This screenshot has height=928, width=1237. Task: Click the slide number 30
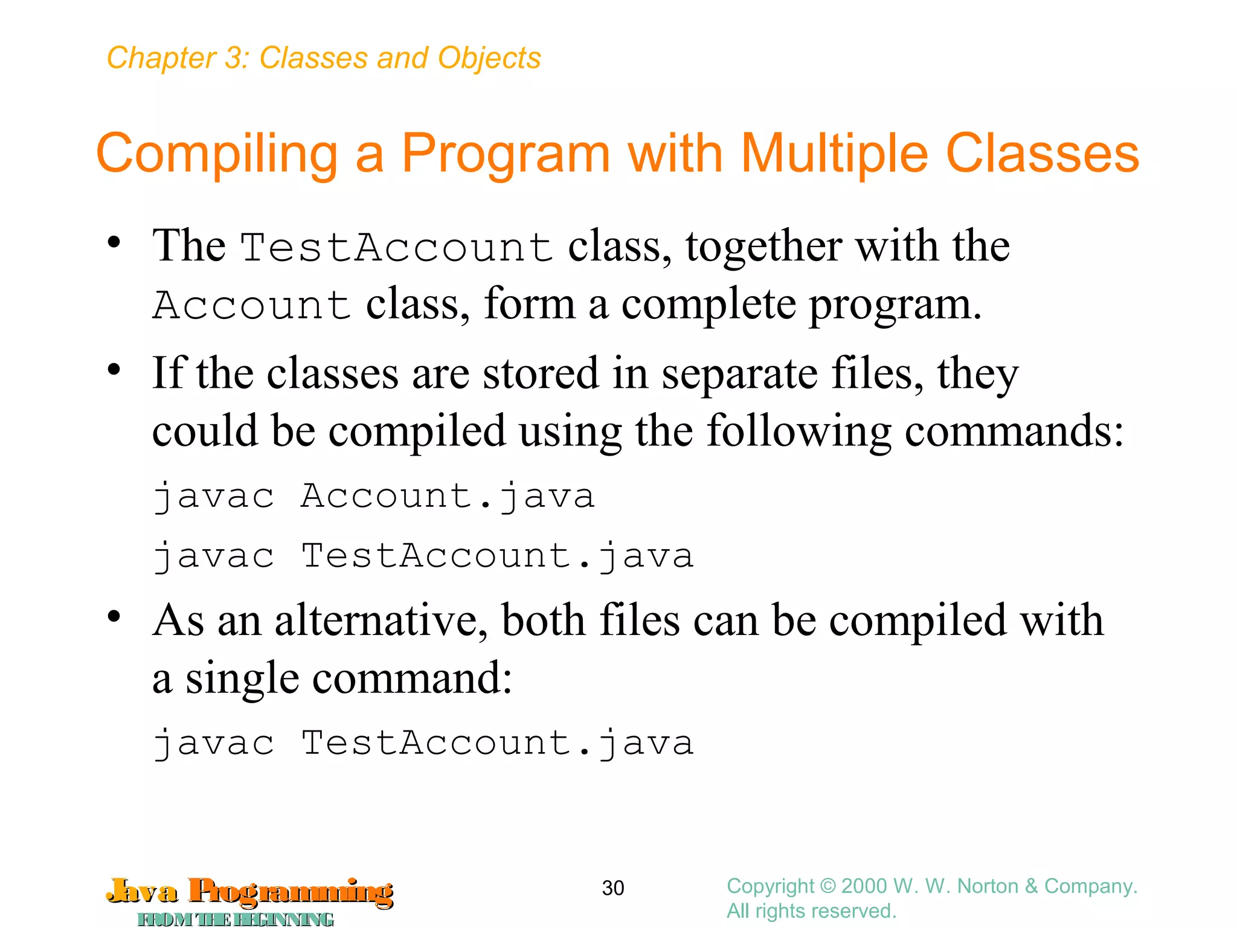pos(613,888)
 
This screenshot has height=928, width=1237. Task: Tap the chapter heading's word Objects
pos(489,58)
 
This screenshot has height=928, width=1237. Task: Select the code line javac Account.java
pos(373,497)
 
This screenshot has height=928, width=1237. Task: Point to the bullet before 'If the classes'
pos(114,369)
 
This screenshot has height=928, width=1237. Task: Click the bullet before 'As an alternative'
pos(114,617)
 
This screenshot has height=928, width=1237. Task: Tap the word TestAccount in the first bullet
pos(397,248)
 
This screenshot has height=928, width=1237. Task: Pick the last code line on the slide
pos(423,743)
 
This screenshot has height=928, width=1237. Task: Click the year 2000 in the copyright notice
pos(864,886)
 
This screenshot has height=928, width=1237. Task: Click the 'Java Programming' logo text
pos(250,892)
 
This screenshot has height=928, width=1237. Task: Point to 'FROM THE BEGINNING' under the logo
pos(236,919)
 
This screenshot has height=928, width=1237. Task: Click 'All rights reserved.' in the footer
pos(811,910)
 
